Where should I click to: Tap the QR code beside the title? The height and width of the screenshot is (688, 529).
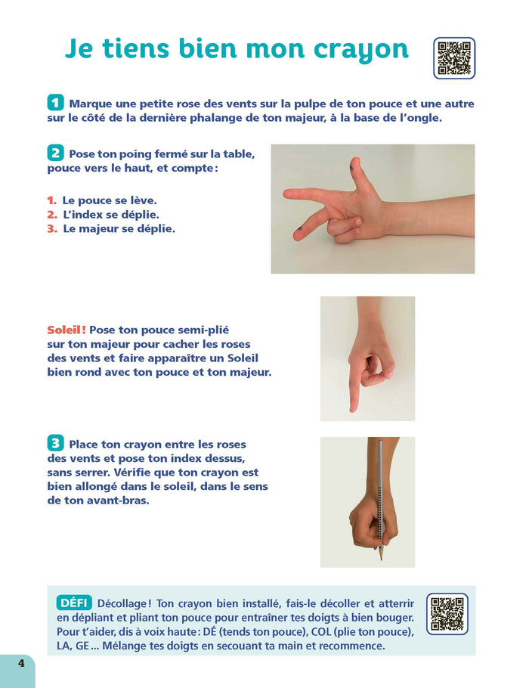pos(454,58)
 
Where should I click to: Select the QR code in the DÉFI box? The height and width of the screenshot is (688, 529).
pos(447,614)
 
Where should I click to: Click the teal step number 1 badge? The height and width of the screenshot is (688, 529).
pos(55,103)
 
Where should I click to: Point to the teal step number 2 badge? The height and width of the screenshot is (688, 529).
pos(55,153)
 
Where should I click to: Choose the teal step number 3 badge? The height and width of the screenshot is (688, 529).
pos(55,443)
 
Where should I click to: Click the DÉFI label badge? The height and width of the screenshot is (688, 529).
pos(74,603)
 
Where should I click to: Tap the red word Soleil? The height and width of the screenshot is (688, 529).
pos(67,330)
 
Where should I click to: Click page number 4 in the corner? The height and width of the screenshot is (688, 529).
pos(21,662)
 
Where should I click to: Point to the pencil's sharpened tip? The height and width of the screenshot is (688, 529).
pos(381,558)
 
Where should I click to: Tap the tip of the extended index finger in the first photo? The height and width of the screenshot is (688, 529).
pos(286,193)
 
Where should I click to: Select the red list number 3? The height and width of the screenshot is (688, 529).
pos(53,228)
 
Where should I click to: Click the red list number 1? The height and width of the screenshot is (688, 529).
pos(51,200)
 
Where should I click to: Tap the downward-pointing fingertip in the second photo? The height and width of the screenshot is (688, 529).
pos(353,408)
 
